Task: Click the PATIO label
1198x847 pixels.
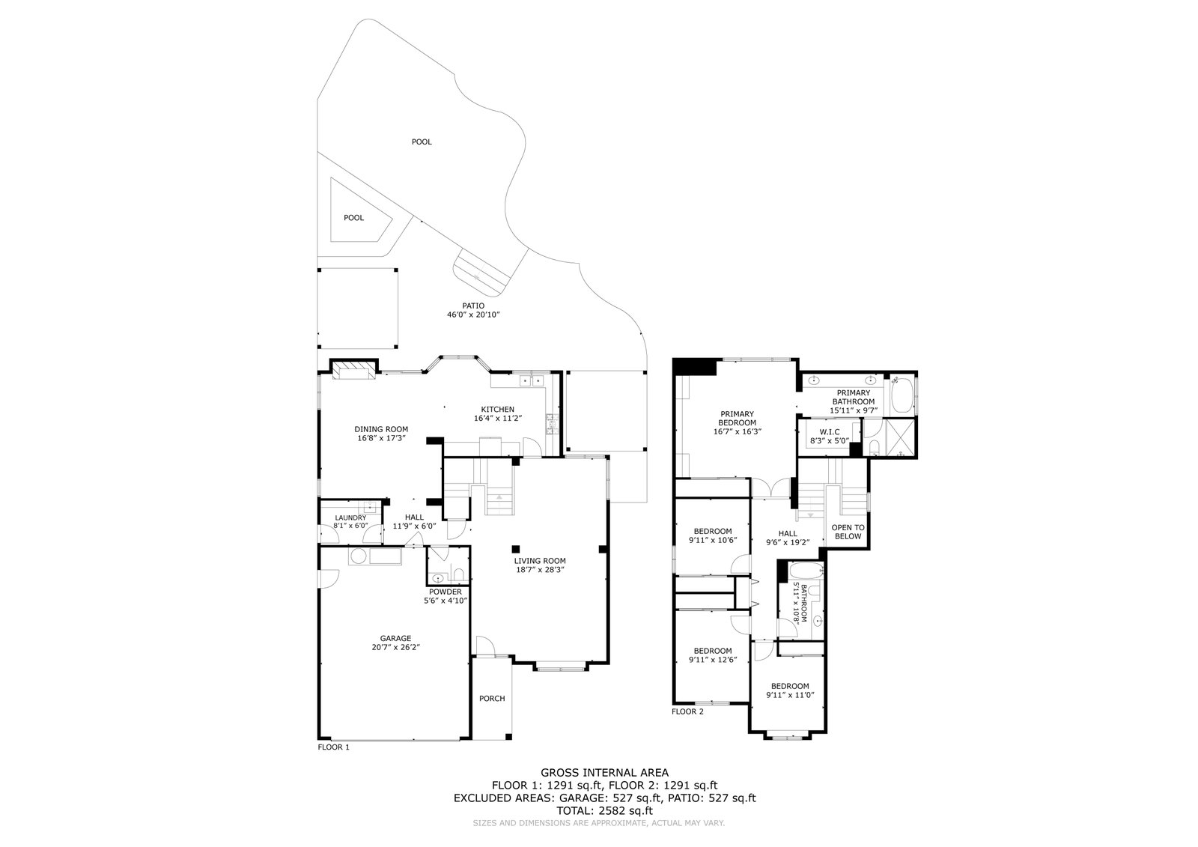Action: [473, 306]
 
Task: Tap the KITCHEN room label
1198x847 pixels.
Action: [498, 409]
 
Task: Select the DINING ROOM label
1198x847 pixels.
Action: [381, 429]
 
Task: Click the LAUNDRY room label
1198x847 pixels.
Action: [350, 517]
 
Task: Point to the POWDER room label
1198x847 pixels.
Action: [446, 592]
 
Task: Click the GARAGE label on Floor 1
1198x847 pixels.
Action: [395, 638]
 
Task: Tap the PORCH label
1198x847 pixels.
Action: [492, 699]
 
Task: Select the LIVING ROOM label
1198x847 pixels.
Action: [539, 561]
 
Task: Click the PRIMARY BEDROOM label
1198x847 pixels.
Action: [737, 418]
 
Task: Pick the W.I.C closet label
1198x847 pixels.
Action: [828, 432]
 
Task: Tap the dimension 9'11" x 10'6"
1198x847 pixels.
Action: [712, 540]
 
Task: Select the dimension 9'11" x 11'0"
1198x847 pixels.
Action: [790, 695]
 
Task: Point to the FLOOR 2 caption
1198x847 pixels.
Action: [687, 711]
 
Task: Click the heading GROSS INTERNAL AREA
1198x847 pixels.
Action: [604, 772]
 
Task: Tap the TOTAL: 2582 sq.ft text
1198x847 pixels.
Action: [604, 810]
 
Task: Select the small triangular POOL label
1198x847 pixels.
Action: [353, 218]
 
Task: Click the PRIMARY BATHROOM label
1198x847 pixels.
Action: [853, 397]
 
